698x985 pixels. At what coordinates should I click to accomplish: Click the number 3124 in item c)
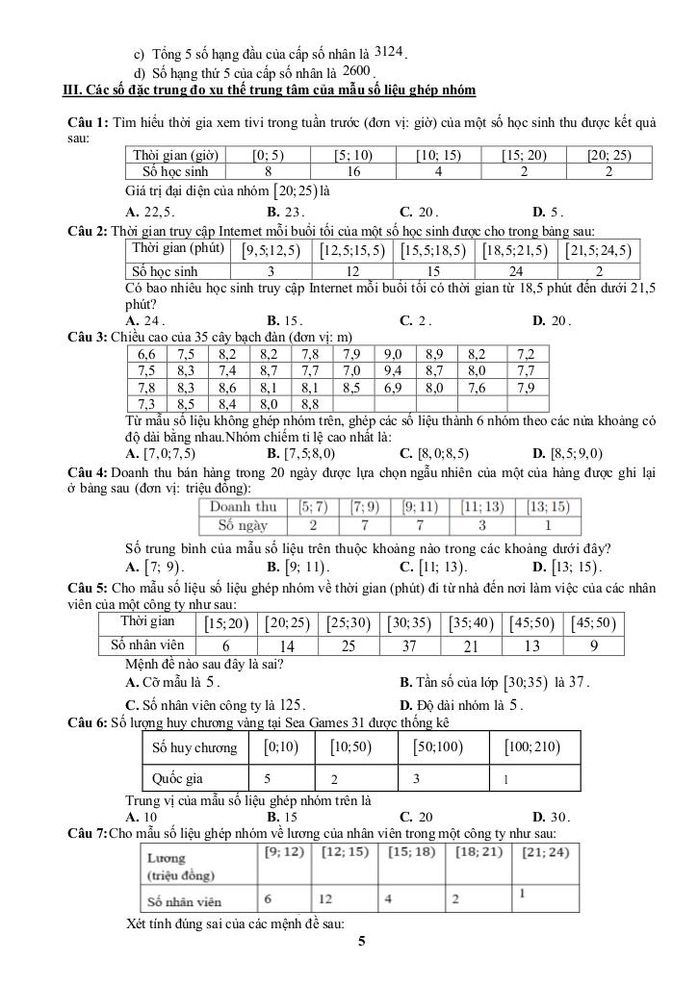point(389,50)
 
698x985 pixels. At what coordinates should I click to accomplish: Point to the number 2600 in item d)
point(356,71)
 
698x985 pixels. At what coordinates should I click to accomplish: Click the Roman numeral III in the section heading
point(70,90)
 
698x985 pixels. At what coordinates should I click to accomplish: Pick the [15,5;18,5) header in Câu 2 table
point(433,251)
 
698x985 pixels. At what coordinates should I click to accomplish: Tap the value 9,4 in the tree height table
point(393,370)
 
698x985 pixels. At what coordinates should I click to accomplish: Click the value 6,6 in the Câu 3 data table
point(147,353)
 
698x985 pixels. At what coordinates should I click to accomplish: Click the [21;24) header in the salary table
point(544,851)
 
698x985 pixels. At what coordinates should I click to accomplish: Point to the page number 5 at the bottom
point(361,943)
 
